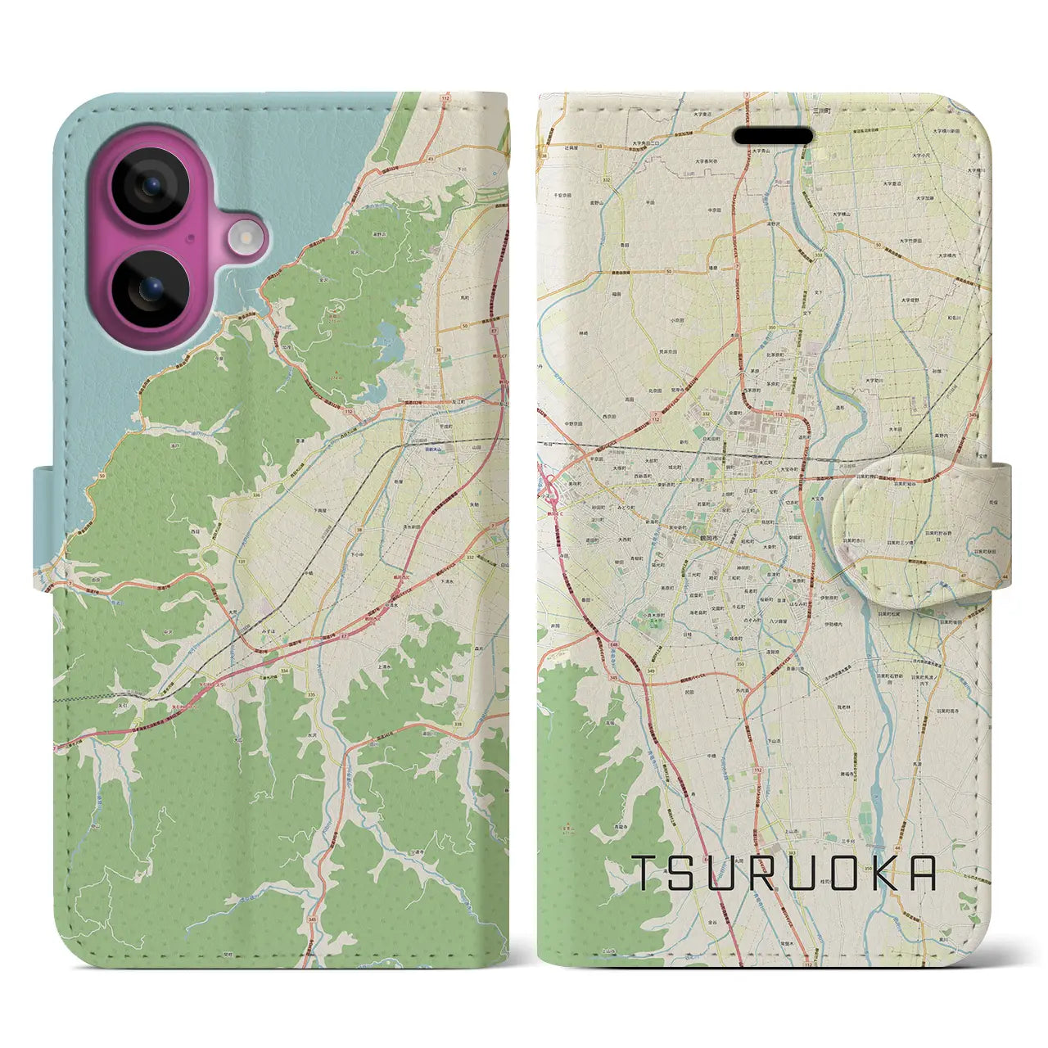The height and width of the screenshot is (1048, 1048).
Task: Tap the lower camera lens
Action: pyautogui.click(x=151, y=288)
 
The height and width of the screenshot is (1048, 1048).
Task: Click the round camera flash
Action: pyautogui.click(x=246, y=238)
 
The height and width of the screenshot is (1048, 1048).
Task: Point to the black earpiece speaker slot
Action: pyautogui.click(x=772, y=135)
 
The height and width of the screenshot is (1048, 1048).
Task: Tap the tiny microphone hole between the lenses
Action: pyautogui.click(x=190, y=238)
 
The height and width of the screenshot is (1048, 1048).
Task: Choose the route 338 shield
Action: pyautogui.click(x=457, y=724)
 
